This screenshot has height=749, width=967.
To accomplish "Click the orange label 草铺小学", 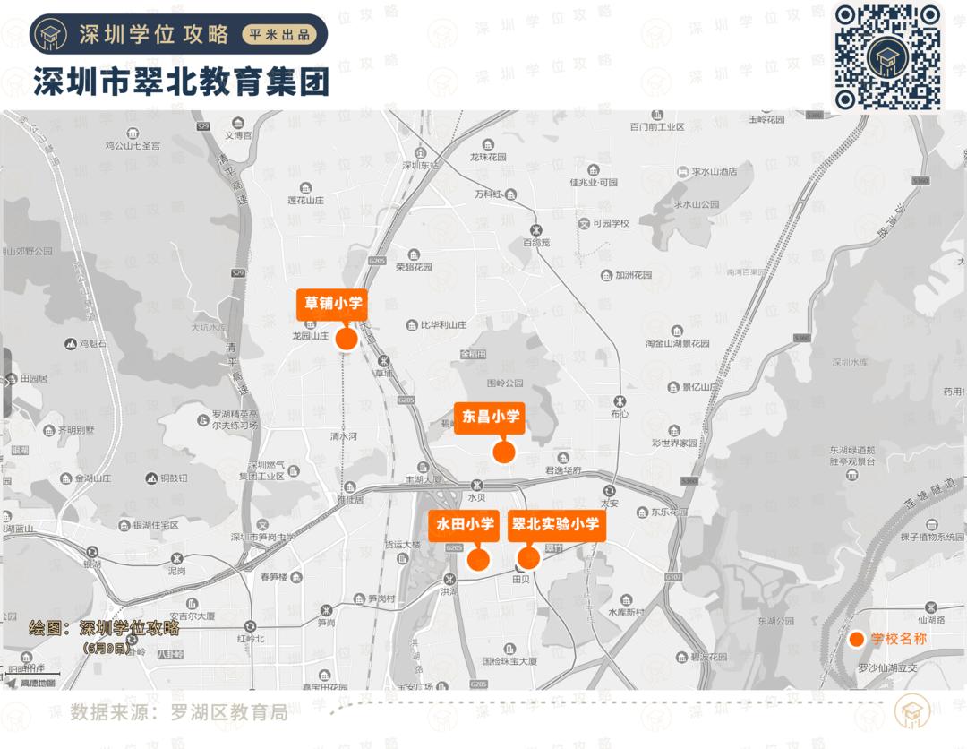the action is (x=331, y=304).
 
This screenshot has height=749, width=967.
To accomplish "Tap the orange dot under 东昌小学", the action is (x=504, y=452).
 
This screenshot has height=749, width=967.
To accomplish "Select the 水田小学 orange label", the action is (x=465, y=525).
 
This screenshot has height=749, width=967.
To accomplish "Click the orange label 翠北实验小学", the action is (x=554, y=525).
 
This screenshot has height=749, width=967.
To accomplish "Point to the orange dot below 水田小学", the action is (x=479, y=560).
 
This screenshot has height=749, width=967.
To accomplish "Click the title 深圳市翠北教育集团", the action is (x=182, y=82).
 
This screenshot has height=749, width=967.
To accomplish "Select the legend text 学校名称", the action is (x=898, y=639).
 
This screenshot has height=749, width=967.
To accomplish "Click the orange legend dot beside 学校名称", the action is (x=857, y=639).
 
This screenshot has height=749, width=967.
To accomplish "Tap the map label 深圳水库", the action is (x=850, y=362).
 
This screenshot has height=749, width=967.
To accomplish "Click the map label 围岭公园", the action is (x=504, y=384).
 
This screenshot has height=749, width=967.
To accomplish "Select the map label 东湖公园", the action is (x=775, y=620).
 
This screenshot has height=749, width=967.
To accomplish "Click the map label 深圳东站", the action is (x=421, y=165).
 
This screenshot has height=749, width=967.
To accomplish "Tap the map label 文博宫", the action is (x=239, y=135).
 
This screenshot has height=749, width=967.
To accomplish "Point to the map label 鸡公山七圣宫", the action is (x=132, y=144).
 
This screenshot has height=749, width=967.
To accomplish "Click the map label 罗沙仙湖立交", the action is (x=888, y=668).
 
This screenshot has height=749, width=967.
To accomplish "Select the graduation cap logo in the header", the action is (x=49, y=35).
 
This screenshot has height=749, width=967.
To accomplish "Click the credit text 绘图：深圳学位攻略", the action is (x=104, y=628).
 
